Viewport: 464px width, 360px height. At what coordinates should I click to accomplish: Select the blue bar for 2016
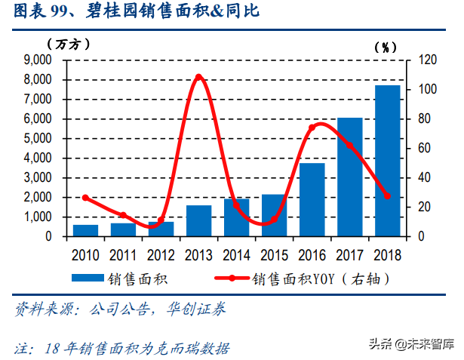click(x=312, y=199)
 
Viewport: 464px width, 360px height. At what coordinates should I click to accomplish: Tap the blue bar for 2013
click(x=198, y=220)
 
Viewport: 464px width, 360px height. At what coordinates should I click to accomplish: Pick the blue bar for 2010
click(x=85, y=230)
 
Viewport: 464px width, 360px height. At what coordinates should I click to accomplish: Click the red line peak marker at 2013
click(x=198, y=77)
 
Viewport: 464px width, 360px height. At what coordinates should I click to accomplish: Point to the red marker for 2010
click(x=85, y=198)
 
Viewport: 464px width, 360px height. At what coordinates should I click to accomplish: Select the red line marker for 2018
click(x=387, y=196)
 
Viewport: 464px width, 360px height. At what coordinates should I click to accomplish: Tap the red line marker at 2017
click(x=349, y=146)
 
